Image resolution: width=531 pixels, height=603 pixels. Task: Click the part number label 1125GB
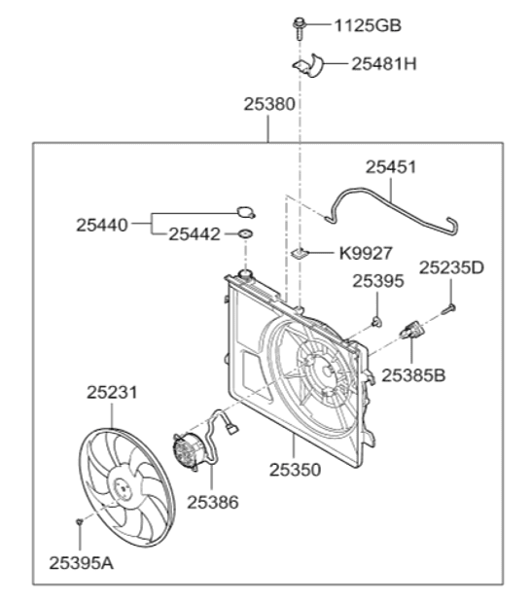[368, 26]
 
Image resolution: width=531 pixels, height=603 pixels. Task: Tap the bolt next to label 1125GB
[299, 28]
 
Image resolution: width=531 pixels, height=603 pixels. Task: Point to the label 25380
[269, 104]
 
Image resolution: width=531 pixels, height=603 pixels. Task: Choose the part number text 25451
[391, 167]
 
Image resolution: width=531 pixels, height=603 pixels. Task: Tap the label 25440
[102, 226]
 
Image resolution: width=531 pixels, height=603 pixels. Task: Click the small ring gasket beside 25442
[245, 233]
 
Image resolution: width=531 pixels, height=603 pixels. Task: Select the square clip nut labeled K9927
[301, 253]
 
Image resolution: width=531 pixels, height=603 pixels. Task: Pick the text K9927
[366, 254]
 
